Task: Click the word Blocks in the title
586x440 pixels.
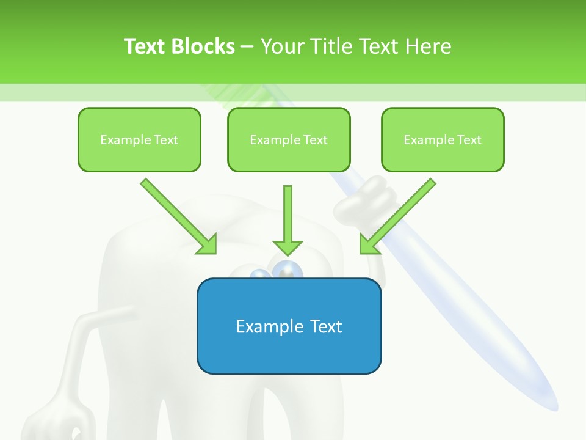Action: point(203,46)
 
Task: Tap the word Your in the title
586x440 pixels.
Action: point(281,46)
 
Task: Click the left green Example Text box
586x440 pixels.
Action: point(139,139)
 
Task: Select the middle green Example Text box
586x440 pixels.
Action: point(289,139)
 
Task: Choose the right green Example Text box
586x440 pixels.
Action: point(443,139)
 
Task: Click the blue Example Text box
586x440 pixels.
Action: point(289,326)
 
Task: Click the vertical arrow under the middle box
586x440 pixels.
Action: point(288,220)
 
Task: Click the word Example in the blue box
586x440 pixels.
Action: point(265,326)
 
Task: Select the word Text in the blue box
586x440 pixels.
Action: point(325,326)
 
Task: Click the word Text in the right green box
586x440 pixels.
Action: point(469,140)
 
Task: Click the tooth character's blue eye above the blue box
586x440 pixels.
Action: point(287,270)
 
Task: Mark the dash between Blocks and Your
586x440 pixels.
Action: point(247,46)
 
